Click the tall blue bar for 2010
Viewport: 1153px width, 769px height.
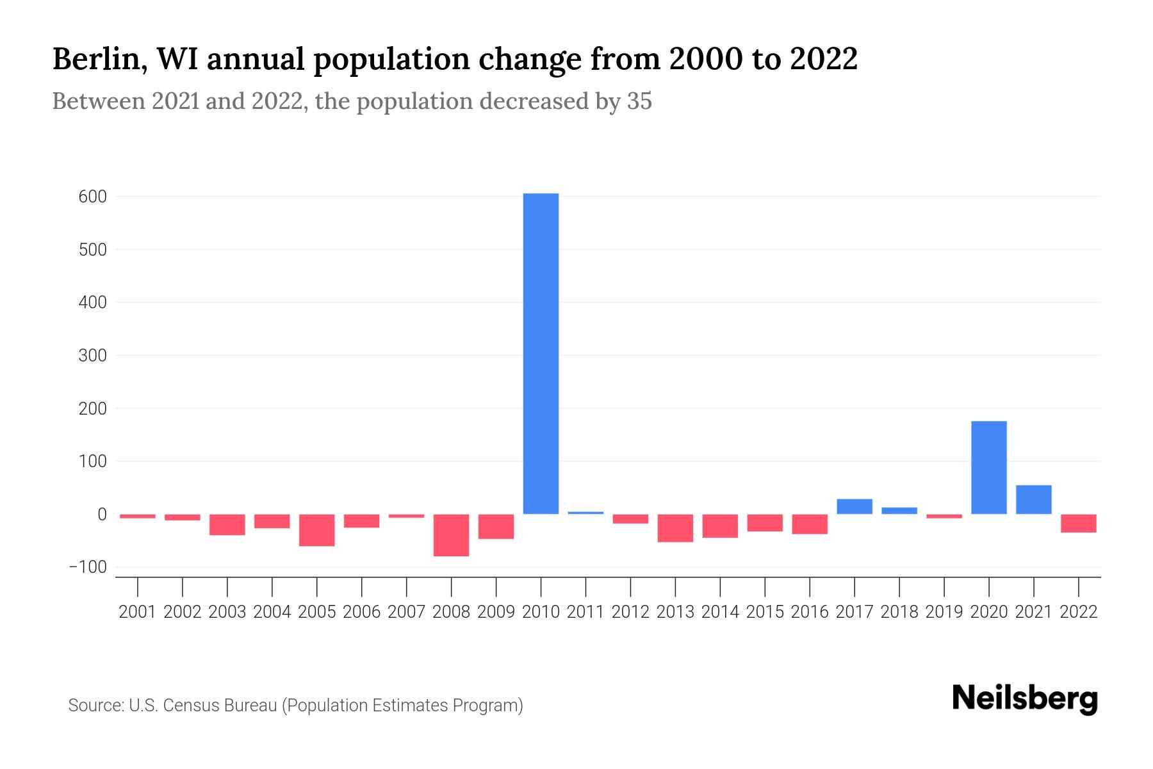coord(541,353)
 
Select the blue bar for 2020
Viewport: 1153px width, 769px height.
coord(988,467)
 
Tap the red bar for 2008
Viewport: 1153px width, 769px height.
coord(451,535)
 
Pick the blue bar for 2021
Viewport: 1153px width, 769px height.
coord(1033,499)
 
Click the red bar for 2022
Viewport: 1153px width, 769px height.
coord(1078,523)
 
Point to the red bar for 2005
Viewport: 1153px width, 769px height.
coord(316,530)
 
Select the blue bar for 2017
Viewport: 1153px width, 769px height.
coord(854,506)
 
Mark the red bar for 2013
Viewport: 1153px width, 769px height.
coord(675,528)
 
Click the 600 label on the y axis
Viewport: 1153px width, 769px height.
coord(92,197)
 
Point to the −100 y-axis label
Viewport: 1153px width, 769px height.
coord(88,567)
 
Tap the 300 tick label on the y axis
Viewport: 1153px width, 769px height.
coord(92,355)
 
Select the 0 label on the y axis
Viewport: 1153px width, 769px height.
coord(102,514)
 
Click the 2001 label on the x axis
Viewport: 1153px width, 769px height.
coord(138,612)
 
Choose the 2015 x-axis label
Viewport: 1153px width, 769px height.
coord(765,612)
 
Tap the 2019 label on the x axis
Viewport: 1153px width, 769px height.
coord(944,612)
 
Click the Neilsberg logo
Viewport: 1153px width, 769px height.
coord(1025,699)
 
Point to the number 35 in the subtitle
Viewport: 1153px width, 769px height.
coord(639,101)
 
